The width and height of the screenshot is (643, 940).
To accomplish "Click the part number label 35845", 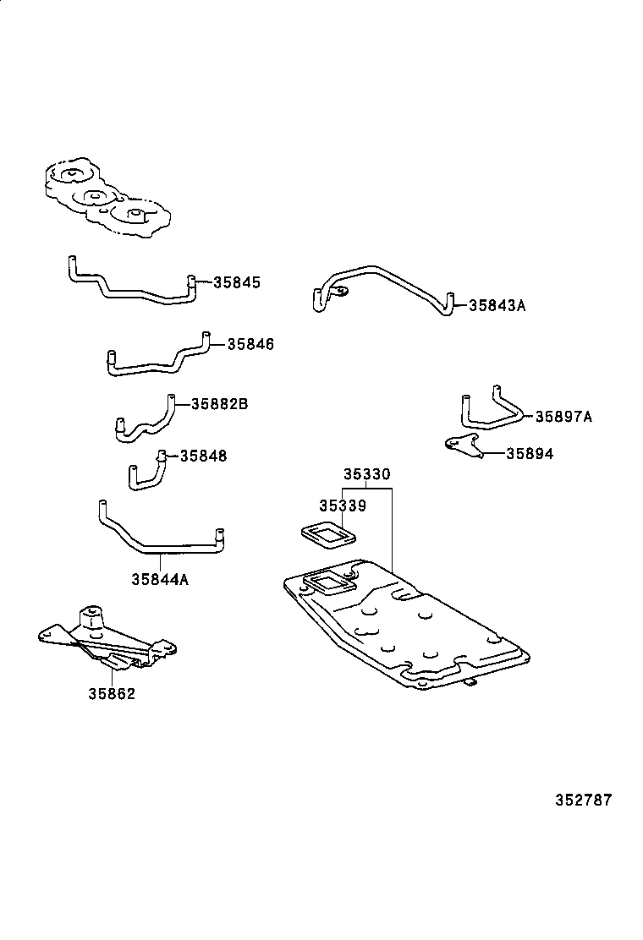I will (237, 283).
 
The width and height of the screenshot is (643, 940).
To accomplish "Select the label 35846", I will (250, 344).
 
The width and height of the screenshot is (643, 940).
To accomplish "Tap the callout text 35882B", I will (219, 404).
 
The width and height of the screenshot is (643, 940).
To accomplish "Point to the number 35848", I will (203, 456).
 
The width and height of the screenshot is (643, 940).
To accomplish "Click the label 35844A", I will (160, 579).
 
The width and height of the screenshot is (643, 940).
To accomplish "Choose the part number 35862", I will (112, 694).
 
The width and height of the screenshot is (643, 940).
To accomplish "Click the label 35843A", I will (497, 305).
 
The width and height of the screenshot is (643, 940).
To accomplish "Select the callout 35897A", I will (563, 416).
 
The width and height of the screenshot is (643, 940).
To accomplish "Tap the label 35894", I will (530, 454).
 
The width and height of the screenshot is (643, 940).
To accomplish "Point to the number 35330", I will (366, 475).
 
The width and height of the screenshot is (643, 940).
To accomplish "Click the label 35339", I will (342, 506).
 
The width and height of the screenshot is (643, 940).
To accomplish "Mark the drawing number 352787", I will (583, 800).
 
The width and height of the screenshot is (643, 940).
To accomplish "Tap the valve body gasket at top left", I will (105, 198).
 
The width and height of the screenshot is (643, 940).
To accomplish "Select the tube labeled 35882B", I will (144, 420).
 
